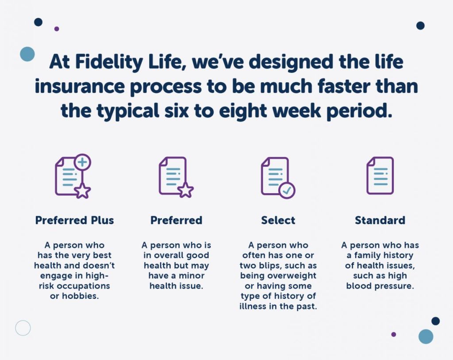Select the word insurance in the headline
point(80,86)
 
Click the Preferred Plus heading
point(74,220)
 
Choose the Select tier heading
point(278,220)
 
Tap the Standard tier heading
point(380,220)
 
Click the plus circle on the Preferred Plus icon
point(83,162)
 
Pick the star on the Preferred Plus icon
point(83,191)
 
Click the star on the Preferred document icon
point(185,190)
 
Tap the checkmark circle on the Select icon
point(287,191)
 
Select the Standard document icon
point(380,176)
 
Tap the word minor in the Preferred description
point(192,276)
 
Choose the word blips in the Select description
point(270,266)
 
